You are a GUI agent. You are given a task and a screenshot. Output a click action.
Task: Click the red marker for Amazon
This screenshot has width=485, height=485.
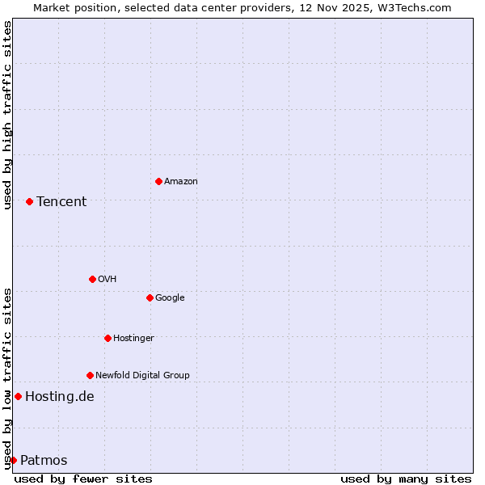(158, 181)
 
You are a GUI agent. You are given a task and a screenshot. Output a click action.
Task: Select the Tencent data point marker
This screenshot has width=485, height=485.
(29, 201)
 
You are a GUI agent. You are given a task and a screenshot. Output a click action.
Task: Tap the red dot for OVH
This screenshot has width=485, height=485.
(92, 279)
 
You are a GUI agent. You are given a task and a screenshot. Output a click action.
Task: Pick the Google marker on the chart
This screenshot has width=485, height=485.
(150, 297)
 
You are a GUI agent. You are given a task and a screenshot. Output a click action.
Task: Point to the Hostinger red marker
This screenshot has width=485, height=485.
(108, 338)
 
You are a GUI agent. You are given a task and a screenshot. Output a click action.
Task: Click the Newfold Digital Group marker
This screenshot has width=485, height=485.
(90, 375)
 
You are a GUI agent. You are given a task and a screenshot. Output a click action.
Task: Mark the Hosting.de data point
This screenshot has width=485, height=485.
(18, 396)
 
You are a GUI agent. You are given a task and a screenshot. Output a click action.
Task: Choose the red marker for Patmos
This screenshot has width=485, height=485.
(13, 460)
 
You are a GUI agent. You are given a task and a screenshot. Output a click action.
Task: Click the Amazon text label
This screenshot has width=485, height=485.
(181, 182)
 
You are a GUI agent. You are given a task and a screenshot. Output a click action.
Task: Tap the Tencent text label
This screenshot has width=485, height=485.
(61, 202)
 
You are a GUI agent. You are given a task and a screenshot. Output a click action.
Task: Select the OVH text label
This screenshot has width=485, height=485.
(108, 280)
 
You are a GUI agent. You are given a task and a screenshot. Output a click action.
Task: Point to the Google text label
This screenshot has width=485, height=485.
(170, 298)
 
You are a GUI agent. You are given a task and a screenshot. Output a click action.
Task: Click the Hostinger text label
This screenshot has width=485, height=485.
(133, 339)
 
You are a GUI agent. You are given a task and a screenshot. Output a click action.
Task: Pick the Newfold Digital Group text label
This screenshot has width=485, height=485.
(142, 376)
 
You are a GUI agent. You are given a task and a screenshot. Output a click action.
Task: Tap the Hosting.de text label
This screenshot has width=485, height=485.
(60, 397)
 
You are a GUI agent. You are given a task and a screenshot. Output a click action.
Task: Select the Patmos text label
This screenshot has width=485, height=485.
(44, 461)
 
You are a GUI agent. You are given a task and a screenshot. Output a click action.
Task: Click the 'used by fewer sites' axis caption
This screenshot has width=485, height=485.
(83, 479)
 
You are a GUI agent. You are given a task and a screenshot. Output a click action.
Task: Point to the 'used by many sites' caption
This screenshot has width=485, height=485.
(406, 479)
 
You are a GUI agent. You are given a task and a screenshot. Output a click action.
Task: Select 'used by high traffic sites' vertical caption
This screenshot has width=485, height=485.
(7, 115)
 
